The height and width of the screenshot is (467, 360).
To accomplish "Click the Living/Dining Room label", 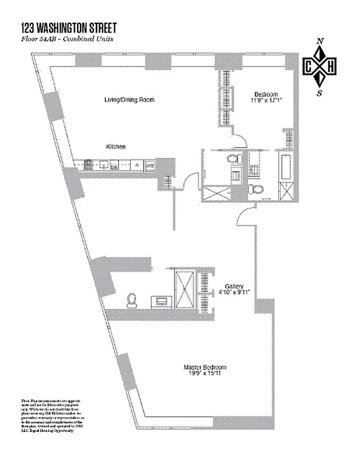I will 129,100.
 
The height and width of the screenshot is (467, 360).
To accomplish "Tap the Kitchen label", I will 116,147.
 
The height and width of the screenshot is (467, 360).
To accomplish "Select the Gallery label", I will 235,286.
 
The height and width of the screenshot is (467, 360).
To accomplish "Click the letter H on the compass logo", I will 331,67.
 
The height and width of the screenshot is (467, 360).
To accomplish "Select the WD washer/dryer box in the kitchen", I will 150,166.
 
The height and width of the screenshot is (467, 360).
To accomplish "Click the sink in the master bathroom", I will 161,301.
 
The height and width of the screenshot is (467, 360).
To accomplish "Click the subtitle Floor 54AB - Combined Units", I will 71,39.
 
